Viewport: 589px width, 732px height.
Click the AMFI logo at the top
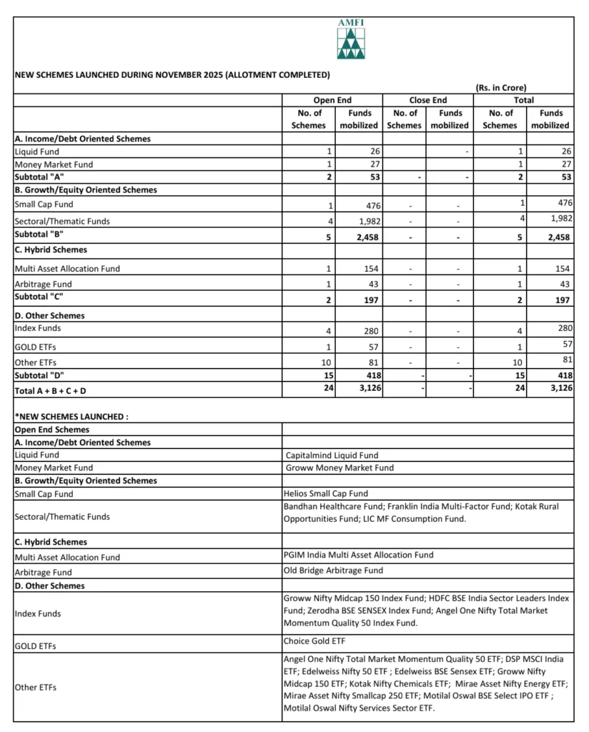click(x=350, y=41)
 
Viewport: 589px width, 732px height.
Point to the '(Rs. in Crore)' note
click(x=500, y=88)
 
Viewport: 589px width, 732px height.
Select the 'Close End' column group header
click(x=428, y=100)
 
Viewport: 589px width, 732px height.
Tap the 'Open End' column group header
click(x=332, y=100)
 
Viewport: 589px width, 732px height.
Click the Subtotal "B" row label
click(x=39, y=234)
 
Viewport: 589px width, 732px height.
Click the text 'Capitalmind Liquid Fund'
click(x=331, y=455)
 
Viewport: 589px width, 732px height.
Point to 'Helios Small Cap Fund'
click(x=326, y=493)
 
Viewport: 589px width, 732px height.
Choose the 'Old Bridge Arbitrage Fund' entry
click(x=333, y=570)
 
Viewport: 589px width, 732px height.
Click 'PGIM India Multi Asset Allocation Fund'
click(x=358, y=554)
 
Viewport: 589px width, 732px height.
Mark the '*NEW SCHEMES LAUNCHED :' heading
click(x=71, y=416)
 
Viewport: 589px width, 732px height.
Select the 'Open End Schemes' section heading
click(x=52, y=430)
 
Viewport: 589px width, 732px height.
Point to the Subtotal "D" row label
click(x=39, y=374)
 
